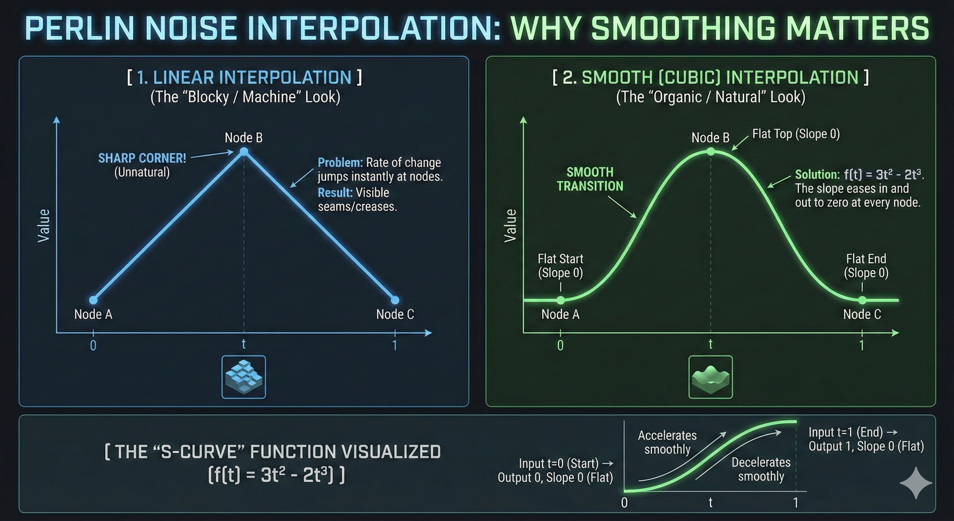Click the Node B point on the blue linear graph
click(244, 152)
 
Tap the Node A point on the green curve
click(560, 300)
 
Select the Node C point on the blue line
click(395, 300)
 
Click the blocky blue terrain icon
click(244, 377)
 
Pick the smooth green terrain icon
click(710, 377)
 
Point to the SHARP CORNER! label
click(142, 158)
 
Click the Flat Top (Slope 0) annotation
click(796, 134)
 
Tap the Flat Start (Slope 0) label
click(560, 266)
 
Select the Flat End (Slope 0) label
click(866, 266)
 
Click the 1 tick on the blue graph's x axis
click(395, 345)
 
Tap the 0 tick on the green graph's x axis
click(560, 345)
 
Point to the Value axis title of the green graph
click(510, 226)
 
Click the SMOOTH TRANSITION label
click(590, 179)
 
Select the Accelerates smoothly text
click(667, 442)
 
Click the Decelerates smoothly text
click(761, 469)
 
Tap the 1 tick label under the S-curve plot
click(795, 503)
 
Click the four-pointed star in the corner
click(915, 483)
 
